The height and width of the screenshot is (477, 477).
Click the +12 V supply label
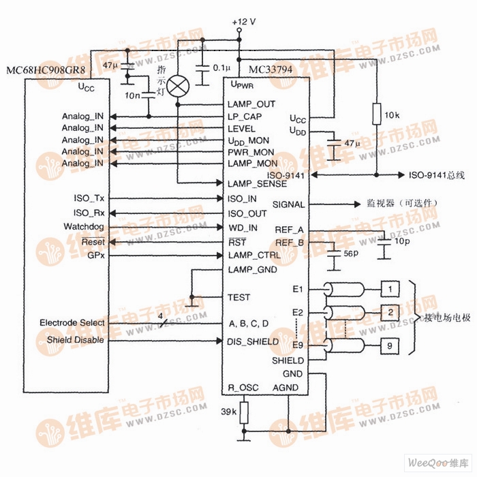(x=244, y=21)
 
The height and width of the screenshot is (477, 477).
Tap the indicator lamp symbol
(x=179, y=85)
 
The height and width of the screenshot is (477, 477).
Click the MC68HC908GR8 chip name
(x=46, y=71)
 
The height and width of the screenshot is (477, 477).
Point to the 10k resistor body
(x=375, y=114)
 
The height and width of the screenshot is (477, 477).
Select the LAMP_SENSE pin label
(x=257, y=184)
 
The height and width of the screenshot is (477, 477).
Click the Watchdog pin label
(x=84, y=226)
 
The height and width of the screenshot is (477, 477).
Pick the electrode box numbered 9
(x=389, y=345)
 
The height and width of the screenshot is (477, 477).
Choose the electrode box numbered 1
(x=389, y=289)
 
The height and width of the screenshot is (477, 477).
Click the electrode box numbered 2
(x=389, y=313)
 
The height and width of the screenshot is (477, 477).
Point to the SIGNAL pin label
(x=288, y=204)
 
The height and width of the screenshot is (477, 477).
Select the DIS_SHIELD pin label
(x=253, y=341)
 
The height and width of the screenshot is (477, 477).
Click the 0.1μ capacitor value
(x=221, y=69)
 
